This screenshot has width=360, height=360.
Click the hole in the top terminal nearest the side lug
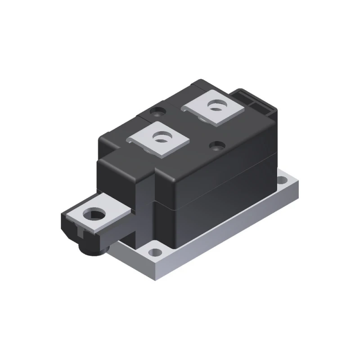(x=159, y=138)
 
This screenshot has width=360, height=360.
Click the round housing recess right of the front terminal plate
(x=217, y=145)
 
